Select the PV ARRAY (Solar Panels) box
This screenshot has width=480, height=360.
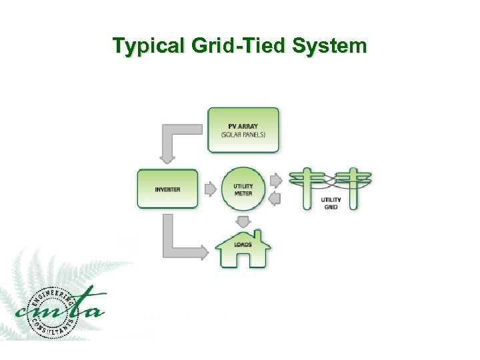243,130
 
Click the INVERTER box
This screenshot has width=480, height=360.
167,189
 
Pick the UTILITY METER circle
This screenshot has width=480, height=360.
243,189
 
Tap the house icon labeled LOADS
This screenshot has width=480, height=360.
243,248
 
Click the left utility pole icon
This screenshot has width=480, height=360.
307,188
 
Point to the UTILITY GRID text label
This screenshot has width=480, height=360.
331,203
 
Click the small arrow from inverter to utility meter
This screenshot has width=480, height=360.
211,189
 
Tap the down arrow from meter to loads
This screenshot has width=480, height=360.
243,221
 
